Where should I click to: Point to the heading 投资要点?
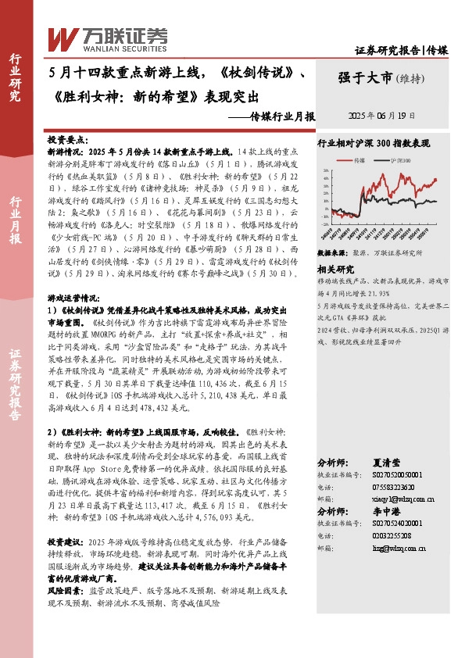point(66,137)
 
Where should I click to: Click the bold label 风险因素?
point(65,593)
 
